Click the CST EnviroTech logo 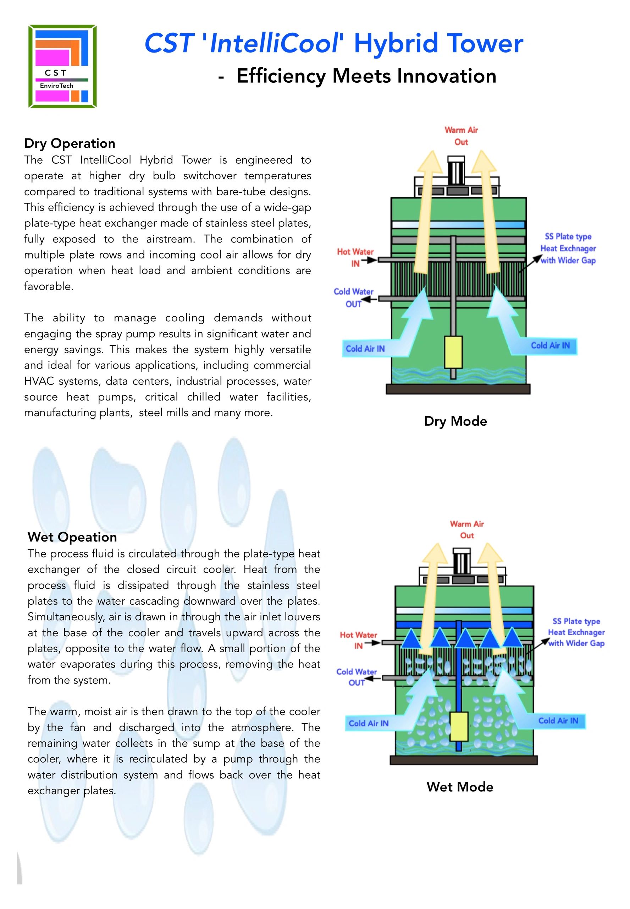pos(62,66)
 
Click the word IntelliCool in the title pos(274,43)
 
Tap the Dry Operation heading pos(70,143)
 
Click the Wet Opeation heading pos(72,537)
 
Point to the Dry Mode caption pos(455,421)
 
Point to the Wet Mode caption pos(459,786)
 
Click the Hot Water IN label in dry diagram pos(355,257)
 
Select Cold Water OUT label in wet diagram pos(356,677)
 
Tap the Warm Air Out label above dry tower pos(461,136)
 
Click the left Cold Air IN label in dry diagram pos(365,348)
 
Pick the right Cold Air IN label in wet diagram pos(558,720)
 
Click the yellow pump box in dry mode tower pos(453,352)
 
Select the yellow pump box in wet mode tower pos(458,727)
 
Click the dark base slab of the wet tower pos(463,760)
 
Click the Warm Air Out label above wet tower pos(466,529)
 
